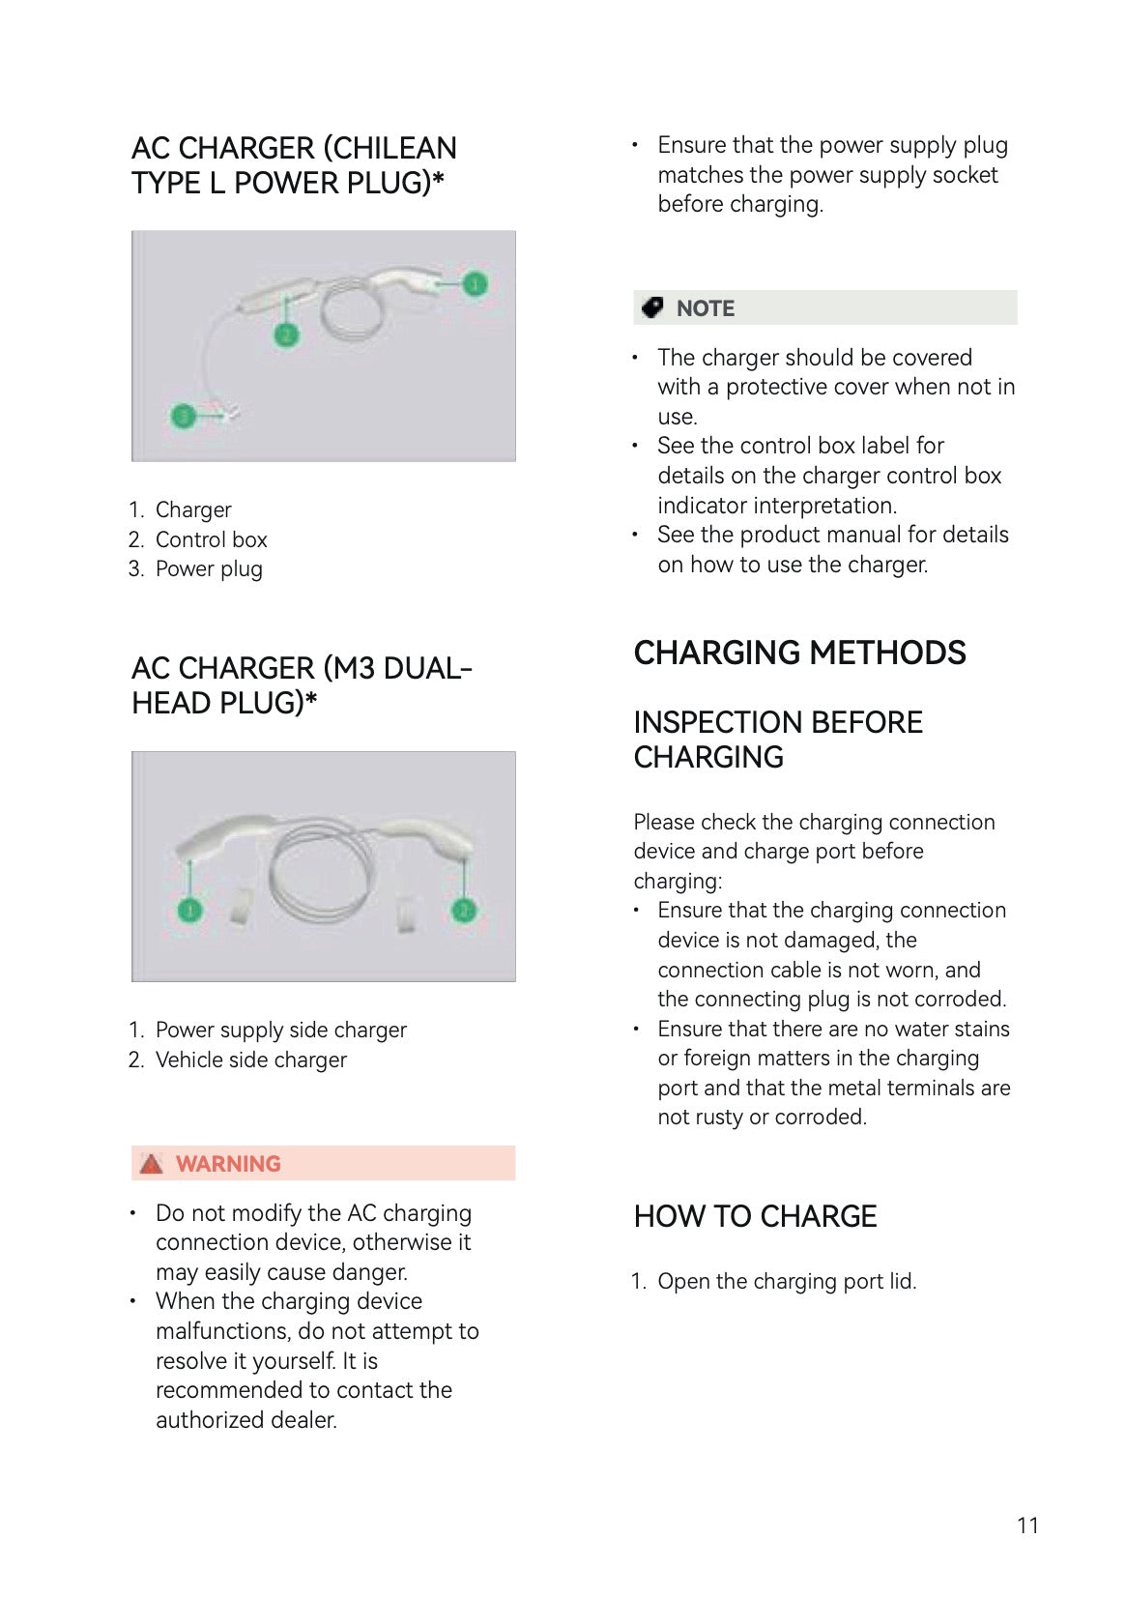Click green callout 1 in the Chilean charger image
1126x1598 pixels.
pos(475,284)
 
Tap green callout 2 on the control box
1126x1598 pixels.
pos(287,334)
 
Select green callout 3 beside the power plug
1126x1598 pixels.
pos(184,415)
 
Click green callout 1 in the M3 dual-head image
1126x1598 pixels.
pos(189,911)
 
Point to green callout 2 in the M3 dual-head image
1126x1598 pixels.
pos(464,911)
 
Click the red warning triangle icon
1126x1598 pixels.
pos(151,1164)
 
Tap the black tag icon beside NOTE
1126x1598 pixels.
pos(652,307)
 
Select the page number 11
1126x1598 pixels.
pos(1027,1525)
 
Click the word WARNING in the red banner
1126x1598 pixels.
pos(228,1164)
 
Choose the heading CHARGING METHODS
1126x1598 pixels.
pos(799,653)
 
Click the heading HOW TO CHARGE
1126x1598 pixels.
pos(755,1216)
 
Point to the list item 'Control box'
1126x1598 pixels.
pos(211,539)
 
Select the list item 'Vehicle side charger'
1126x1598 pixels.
pos(251,1060)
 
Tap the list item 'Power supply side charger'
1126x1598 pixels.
pos(281,1031)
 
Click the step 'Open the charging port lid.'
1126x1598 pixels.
pos(787,1281)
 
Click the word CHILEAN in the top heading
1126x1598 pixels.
pos(390,148)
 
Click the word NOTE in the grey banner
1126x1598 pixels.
pos(706,308)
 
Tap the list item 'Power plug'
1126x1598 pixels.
pos(209,569)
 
